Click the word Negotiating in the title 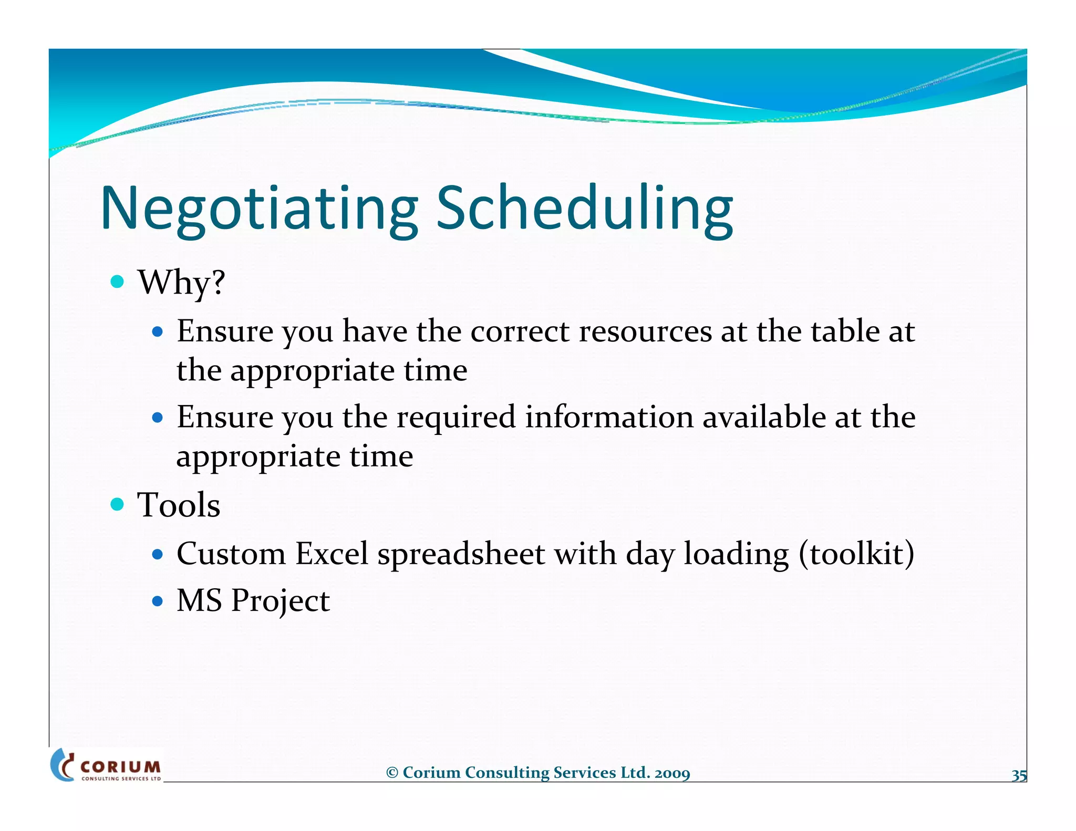(259, 209)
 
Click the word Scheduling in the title (585, 209)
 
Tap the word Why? (181, 283)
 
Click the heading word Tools (179, 505)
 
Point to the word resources (645, 331)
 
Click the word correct (520, 331)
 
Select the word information (609, 418)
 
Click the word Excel (332, 554)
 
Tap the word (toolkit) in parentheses (856, 554)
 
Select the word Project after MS (280, 601)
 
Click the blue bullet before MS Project (157, 600)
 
